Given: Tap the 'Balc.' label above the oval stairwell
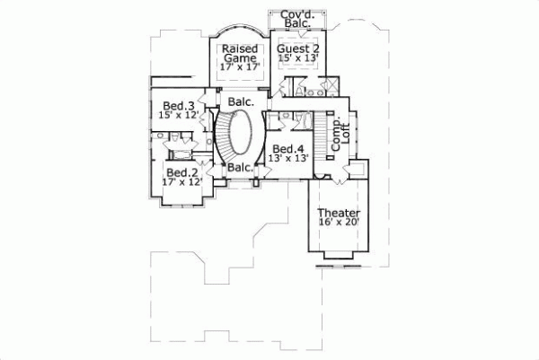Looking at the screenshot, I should [x=240, y=101].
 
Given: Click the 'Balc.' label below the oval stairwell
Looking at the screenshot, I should [x=239, y=168].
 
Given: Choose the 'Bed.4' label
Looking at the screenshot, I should [x=287, y=148].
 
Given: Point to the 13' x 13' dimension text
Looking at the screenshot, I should [x=288, y=159].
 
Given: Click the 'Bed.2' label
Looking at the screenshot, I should [x=181, y=171].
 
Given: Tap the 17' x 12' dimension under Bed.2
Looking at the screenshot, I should [x=181, y=182].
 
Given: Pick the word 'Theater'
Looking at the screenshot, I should [x=339, y=214].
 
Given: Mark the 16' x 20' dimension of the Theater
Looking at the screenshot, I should [x=339, y=224].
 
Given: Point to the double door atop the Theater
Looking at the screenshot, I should [x=339, y=180].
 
